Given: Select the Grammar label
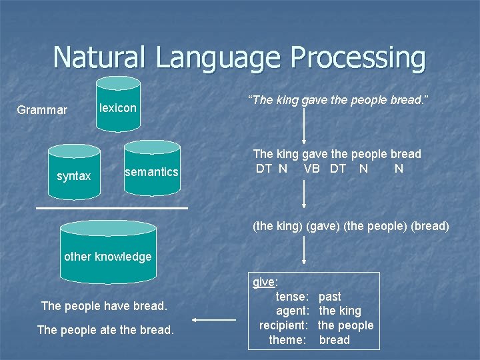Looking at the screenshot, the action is (x=42, y=110).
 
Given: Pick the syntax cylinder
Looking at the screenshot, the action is (x=74, y=175).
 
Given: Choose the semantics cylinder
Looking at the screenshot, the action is (x=152, y=171).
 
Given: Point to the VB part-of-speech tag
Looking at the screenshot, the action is (x=311, y=169).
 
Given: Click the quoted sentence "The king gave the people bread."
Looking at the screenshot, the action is (x=338, y=100).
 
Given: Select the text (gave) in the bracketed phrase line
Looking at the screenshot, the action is (x=322, y=226).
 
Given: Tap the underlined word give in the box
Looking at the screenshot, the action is (x=264, y=282).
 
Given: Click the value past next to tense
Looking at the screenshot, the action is (x=330, y=296).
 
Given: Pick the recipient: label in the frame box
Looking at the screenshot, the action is (x=283, y=325).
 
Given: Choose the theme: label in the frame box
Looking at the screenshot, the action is (x=287, y=340).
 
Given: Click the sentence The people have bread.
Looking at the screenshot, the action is (x=104, y=306).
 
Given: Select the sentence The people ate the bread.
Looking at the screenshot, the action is (x=105, y=330).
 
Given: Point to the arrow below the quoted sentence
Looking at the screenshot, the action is (x=304, y=127).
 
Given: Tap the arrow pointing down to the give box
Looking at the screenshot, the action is (x=304, y=253).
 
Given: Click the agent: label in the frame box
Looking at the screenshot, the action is (x=292, y=311).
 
